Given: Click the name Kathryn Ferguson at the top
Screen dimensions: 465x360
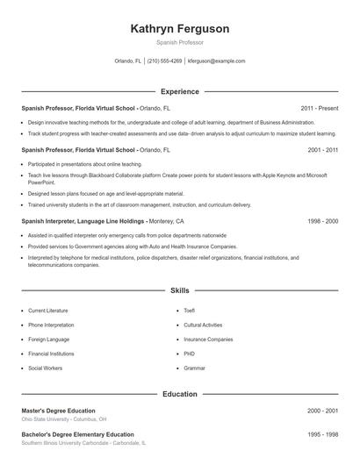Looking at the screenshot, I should pyautogui.click(x=179, y=29).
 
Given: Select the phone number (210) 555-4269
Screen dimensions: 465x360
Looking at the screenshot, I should pyautogui.click(x=164, y=61).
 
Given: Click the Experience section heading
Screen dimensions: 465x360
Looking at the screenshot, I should pyautogui.click(x=179, y=91).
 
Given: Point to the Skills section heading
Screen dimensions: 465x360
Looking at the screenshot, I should pyautogui.click(x=179, y=290).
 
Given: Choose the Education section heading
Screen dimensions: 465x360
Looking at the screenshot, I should pyautogui.click(x=179, y=394).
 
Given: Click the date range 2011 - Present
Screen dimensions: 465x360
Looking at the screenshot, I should pyautogui.click(x=319, y=107).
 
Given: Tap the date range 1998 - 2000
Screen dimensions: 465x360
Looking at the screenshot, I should pyautogui.click(x=322, y=221).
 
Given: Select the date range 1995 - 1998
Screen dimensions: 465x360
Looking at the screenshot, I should pyautogui.click(x=322, y=434).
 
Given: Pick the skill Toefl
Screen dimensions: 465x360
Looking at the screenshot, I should pyautogui.click(x=190, y=311).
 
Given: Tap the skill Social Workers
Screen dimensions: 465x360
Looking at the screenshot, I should pyautogui.click(x=45, y=368).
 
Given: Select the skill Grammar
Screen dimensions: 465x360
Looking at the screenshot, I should pyautogui.click(x=194, y=368).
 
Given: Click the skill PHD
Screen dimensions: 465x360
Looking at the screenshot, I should pyautogui.click(x=190, y=354).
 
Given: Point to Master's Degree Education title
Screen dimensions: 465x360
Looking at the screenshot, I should pyautogui.click(x=58, y=411).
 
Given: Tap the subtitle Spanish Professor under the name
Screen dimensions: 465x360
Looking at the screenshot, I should pyautogui.click(x=179, y=42).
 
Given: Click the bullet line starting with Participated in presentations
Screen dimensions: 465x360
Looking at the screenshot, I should pyautogui.click(x=84, y=164).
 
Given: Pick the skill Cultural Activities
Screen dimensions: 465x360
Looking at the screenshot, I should pyautogui.click(x=202, y=325).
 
